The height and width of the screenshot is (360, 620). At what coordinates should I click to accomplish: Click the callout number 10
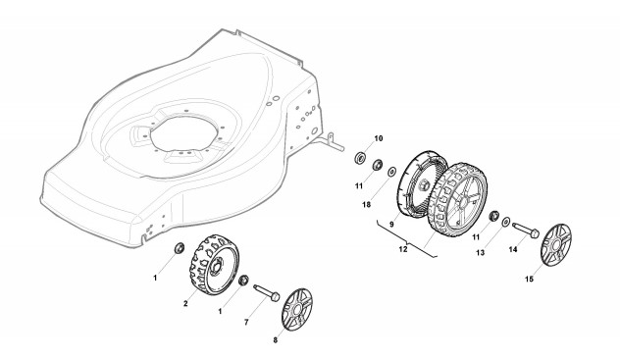pos(379,138)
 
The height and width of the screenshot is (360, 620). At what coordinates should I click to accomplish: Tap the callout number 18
pos(367,204)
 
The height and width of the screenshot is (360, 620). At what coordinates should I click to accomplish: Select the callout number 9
pos(391,224)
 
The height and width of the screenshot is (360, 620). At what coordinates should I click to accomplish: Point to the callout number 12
pos(402,249)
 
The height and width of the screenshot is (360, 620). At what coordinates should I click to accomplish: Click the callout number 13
pos(480,252)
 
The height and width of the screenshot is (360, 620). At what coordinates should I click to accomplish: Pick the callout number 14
pos(513,249)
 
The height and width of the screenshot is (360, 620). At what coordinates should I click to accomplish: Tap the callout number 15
pos(529,280)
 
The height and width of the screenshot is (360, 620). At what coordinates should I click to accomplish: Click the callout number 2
pos(185,303)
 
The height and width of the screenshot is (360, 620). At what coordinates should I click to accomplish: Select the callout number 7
pos(246,323)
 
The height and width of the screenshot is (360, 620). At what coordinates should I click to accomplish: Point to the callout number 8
pos(276,340)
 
